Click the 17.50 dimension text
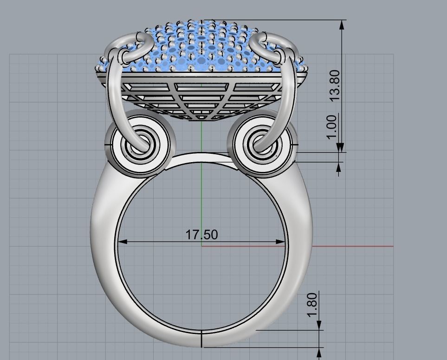pos(201,235)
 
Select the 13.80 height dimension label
pos(334,85)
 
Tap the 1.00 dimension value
pos(331,127)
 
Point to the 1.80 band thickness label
pos(312,305)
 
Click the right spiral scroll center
pos(261,144)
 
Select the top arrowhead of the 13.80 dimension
pos(342,25)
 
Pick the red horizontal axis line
pos(353,246)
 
